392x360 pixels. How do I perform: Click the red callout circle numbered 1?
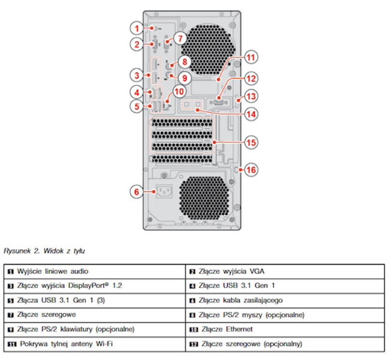tap(137, 28)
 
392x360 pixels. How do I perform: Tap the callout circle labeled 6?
tap(137, 191)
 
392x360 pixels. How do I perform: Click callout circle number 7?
tap(182, 37)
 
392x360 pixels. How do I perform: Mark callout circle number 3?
tap(137, 75)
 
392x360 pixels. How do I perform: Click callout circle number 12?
tap(251, 78)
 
